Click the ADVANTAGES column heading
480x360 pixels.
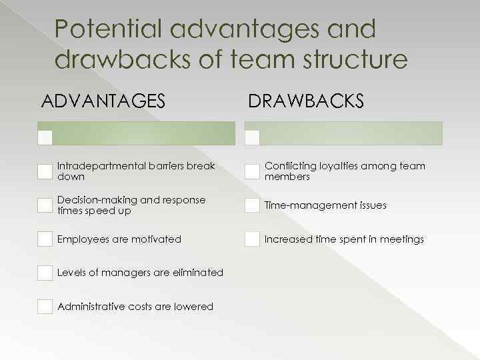pyautogui.click(x=103, y=101)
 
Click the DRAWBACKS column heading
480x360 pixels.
pyautogui.click(x=306, y=101)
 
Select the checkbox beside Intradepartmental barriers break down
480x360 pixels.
pyautogui.click(x=45, y=171)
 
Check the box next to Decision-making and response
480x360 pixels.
pyautogui.click(x=45, y=205)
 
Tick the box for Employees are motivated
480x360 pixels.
pyautogui.click(x=45, y=239)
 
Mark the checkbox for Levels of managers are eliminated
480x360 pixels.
pyautogui.click(x=45, y=273)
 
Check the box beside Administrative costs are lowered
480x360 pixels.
pyautogui.click(x=45, y=307)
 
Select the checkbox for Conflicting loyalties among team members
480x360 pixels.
pyautogui.click(x=252, y=171)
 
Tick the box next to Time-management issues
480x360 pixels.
pyautogui.click(x=252, y=205)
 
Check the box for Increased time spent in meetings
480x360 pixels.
pyautogui.click(x=252, y=239)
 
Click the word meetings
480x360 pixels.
pyautogui.click(x=401, y=239)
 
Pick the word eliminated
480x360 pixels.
pyautogui.click(x=198, y=273)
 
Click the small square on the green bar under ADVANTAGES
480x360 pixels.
pyautogui.click(x=45, y=137)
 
